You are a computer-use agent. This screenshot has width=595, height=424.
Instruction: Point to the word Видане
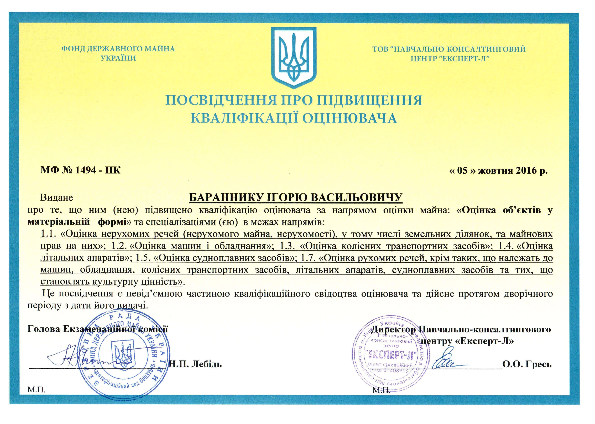pos(56,198)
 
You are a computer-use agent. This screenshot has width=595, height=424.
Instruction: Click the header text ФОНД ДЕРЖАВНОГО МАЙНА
pos(118,49)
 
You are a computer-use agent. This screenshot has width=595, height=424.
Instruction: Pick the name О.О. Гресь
pos(527,364)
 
